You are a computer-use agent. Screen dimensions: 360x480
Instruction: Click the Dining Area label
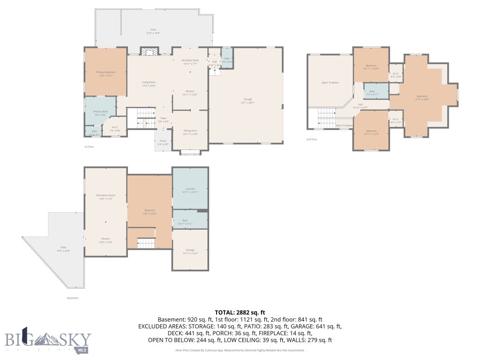(x=190, y=133)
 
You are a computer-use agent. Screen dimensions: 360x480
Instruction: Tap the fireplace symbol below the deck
(x=150, y=52)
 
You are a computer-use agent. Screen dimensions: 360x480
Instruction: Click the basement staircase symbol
(x=145, y=243)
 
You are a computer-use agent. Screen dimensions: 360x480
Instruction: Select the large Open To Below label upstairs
(x=330, y=82)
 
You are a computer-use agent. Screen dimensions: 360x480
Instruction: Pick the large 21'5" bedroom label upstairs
(x=421, y=97)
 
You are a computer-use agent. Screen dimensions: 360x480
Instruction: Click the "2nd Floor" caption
(x=312, y=139)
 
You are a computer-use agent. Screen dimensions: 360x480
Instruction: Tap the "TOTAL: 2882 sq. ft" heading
(x=240, y=312)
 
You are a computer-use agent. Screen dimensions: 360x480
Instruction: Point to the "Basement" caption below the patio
(x=73, y=298)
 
